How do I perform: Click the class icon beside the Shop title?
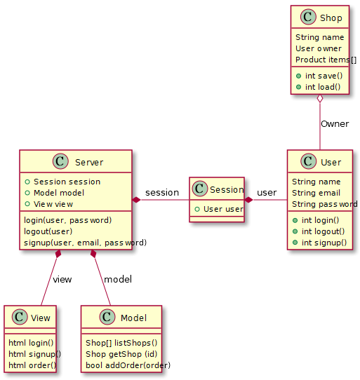(x=308, y=17)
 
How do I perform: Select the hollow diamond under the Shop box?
(x=320, y=98)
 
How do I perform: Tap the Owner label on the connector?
(x=335, y=124)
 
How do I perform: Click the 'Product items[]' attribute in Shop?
(x=326, y=60)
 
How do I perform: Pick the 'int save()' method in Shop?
(x=319, y=76)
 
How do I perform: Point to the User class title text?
(x=331, y=162)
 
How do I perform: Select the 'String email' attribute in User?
(x=316, y=193)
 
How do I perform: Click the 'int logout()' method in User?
(x=319, y=231)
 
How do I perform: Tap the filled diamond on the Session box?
(x=248, y=200)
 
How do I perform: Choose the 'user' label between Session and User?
(x=267, y=193)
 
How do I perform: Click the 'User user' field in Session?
(x=220, y=209)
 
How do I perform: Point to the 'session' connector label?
(x=162, y=193)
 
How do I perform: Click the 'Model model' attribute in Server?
(x=55, y=193)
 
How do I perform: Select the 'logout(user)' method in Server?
(x=48, y=231)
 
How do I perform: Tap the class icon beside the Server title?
(x=60, y=161)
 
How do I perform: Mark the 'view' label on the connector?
(x=62, y=280)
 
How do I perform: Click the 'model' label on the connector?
(x=118, y=280)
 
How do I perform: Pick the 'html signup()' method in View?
(x=34, y=354)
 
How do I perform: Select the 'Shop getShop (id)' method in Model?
(x=121, y=354)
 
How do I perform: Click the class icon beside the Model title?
(x=107, y=317)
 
